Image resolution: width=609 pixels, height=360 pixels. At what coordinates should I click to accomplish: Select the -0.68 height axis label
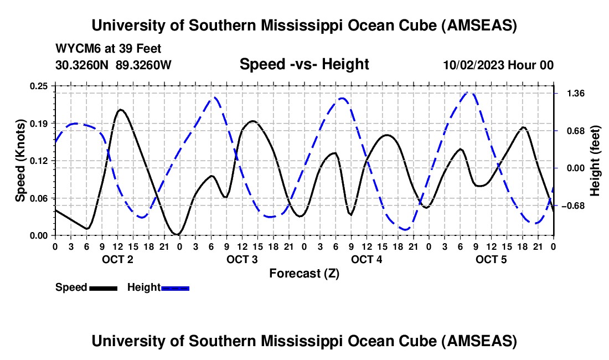click(571, 206)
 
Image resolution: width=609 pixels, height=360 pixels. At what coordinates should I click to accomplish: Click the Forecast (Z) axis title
click(304, 273)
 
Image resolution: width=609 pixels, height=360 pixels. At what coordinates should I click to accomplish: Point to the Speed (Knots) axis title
click(20, 161)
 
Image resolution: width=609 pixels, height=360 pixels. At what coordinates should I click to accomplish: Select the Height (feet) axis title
click(595, 161)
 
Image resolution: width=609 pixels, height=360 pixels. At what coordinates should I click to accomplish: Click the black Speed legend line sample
click(103, 288)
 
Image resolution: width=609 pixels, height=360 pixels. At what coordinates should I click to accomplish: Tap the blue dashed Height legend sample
click(175, 288)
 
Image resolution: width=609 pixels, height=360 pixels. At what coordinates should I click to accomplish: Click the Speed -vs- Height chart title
click(304, 64)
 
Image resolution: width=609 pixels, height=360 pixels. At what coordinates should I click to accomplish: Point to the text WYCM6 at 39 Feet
click(109, 49)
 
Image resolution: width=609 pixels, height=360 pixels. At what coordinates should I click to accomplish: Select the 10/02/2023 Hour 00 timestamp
click(498, 65)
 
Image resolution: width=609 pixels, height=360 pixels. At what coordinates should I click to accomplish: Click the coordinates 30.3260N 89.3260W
click(113, 65)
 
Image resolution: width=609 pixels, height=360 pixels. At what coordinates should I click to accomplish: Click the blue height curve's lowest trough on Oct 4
click(405, 229)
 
